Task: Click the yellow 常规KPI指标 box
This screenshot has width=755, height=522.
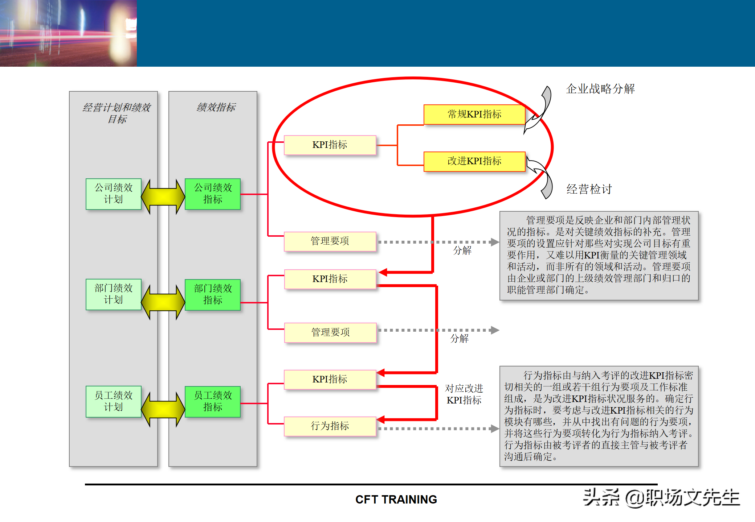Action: point(474,115)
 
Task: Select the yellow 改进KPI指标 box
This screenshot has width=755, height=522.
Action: point(474,161)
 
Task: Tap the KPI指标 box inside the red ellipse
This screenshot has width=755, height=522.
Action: point(330,145)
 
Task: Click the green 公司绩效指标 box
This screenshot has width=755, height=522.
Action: point(213,194)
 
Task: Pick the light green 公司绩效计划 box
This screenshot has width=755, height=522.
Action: point(114,194)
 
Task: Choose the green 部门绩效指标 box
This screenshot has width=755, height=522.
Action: point(213,294)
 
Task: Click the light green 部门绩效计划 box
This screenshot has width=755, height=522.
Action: point(114,294)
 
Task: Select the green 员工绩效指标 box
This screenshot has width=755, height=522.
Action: point(213,401)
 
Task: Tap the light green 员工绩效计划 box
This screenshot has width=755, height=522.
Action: point(114,401)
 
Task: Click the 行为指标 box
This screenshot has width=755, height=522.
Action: point(330,426)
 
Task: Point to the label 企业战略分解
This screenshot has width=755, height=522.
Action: point(600,89)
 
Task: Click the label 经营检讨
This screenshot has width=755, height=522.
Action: point(589,189)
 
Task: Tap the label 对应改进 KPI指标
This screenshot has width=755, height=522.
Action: point(464,394)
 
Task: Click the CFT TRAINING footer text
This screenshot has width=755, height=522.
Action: point(396,500)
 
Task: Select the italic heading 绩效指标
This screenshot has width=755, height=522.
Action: point(216,107)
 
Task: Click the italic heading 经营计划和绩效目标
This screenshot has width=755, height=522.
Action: point(117,113)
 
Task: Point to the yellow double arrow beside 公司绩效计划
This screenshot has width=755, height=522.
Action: point(163,196)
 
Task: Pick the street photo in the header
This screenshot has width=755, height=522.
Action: point(68,33)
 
